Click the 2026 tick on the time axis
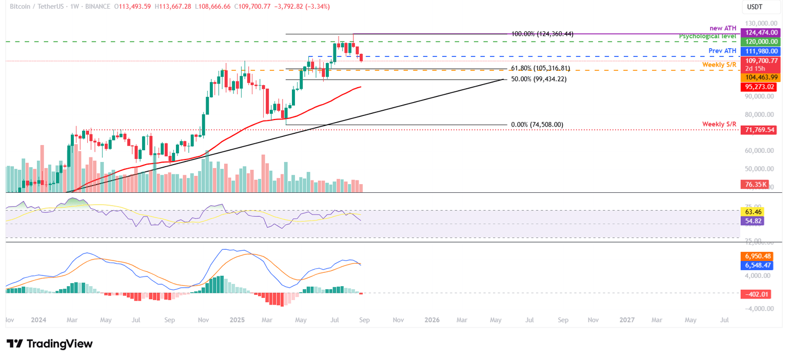(432, 319)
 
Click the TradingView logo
(49, 344)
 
